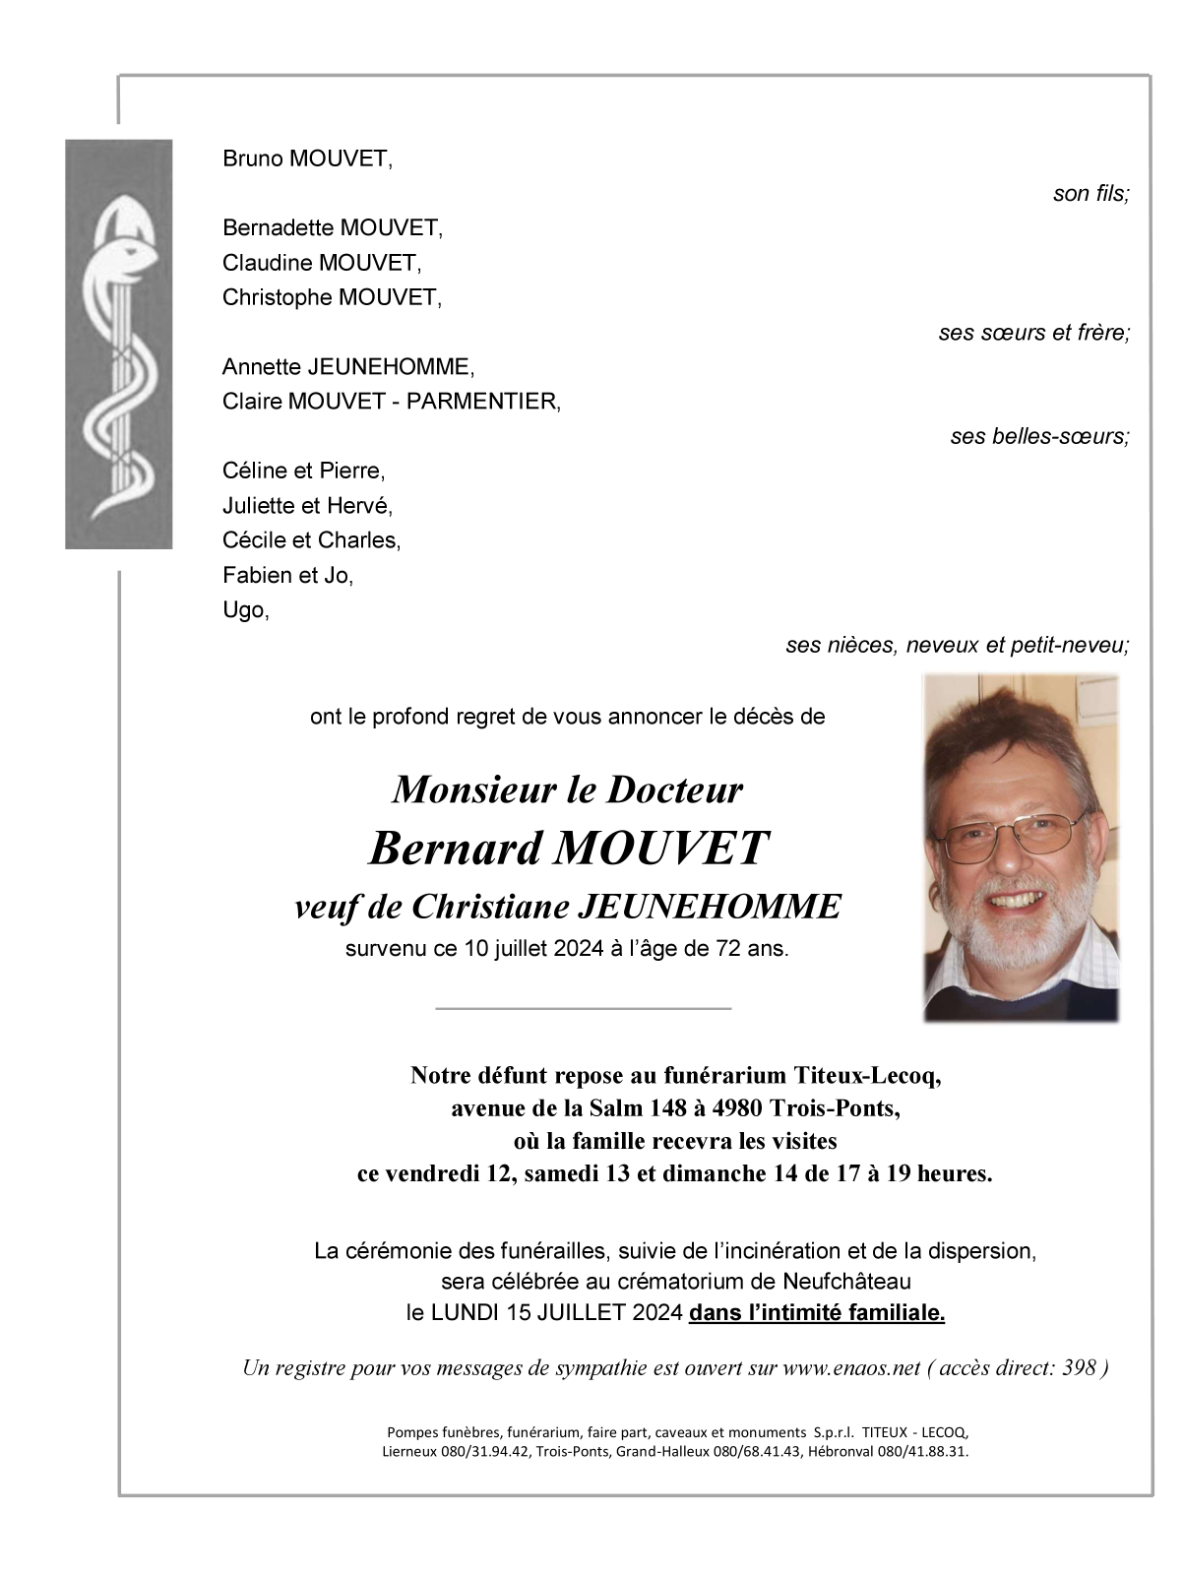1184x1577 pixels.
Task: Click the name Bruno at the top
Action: pos(253,158)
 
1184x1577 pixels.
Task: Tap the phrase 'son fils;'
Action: pos(1091,194)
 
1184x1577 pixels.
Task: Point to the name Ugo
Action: pos(243,610)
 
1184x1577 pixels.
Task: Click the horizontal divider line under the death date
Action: pos(583,1008)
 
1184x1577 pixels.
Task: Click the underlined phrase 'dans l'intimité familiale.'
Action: pos(817,1312)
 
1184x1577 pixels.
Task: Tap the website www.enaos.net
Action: pos(851,1368)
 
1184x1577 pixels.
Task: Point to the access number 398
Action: pos(1080,1368)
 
